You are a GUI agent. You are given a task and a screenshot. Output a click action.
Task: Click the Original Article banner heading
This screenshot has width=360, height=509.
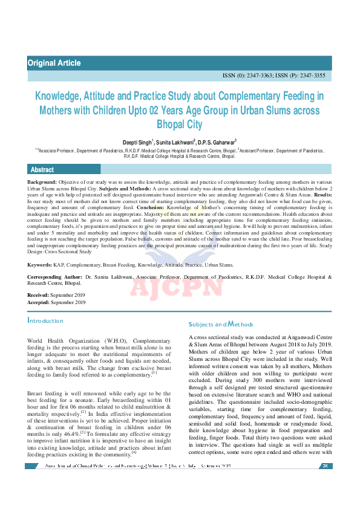click(54, 63)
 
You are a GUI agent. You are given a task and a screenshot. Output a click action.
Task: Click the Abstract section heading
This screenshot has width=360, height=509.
click(42, 170)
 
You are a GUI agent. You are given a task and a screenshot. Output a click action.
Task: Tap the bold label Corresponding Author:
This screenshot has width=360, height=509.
click(55, 276)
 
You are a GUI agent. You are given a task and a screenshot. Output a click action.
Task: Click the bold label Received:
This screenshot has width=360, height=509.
click(39, 294)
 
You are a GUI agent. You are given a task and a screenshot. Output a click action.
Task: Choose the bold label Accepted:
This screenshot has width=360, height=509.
click(40, 302)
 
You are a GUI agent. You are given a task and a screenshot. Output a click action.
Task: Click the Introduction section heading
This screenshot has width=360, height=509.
click(45, 320)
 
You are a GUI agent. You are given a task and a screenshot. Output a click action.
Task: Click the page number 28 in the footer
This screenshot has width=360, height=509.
click(325, 466)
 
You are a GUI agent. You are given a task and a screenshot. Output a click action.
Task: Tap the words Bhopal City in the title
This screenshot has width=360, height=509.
click(180, 125)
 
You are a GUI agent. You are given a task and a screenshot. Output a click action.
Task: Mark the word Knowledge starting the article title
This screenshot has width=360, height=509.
click(59, 96)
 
